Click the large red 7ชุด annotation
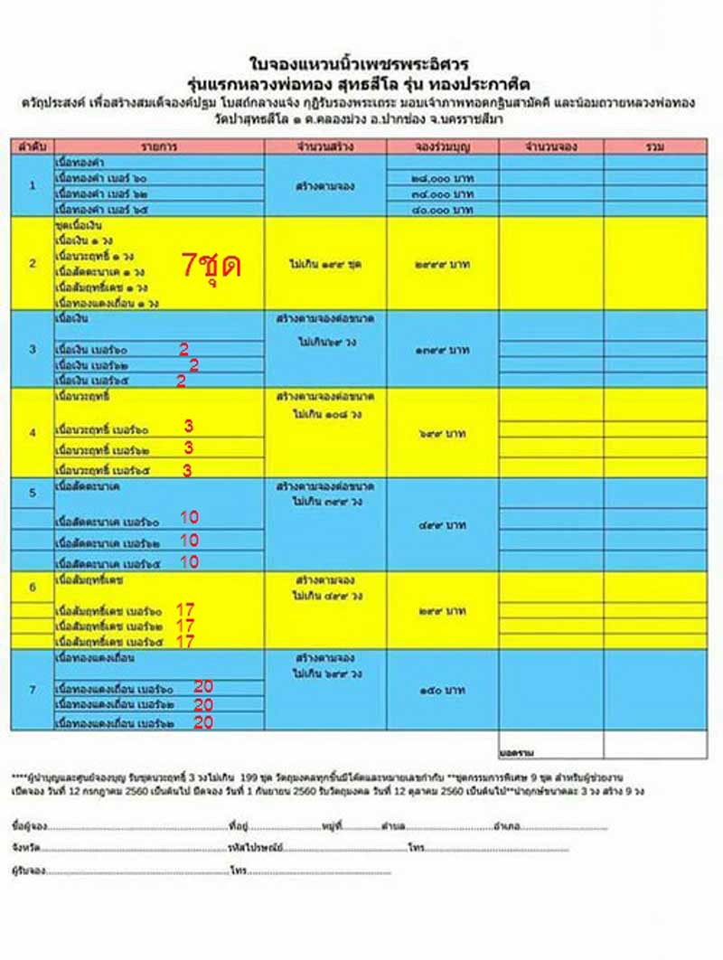[211, 265]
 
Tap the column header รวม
[655, 146]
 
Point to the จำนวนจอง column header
[551, 146]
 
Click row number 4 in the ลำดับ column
[33, 433]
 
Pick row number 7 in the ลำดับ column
[33, 690]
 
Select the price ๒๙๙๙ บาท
[442, 266]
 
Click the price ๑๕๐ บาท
[442, 691]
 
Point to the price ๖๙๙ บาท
[442, 434]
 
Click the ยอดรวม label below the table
[516, 751]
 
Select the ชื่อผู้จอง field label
[30, 826]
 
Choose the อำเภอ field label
[506, 826]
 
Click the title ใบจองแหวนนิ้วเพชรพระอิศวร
[361, 65]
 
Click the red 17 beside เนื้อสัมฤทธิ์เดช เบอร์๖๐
[185, 609]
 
